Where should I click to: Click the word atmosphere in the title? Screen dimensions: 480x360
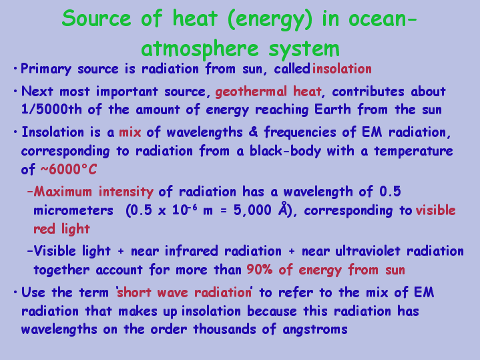[200, 48]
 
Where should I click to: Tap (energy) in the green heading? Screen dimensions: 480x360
[270, 19]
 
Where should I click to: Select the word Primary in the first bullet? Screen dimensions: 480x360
[46, 69]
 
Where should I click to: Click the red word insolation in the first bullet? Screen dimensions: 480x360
[342, 68]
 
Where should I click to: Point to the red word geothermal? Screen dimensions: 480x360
[251, 92]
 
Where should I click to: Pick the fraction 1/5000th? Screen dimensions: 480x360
[51, 110]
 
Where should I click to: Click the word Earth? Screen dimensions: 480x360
[332, 110]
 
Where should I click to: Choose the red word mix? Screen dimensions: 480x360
[130, 132]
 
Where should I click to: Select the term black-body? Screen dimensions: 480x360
[285, 151]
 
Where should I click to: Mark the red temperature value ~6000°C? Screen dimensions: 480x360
[69, 169]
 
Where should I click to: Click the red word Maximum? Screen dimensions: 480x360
[63, 192]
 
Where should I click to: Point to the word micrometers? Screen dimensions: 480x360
[73, 210]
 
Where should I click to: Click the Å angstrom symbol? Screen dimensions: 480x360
[284, 209]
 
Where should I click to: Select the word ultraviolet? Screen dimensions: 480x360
[368, 251]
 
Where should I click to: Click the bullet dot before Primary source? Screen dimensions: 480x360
[15, 69]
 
